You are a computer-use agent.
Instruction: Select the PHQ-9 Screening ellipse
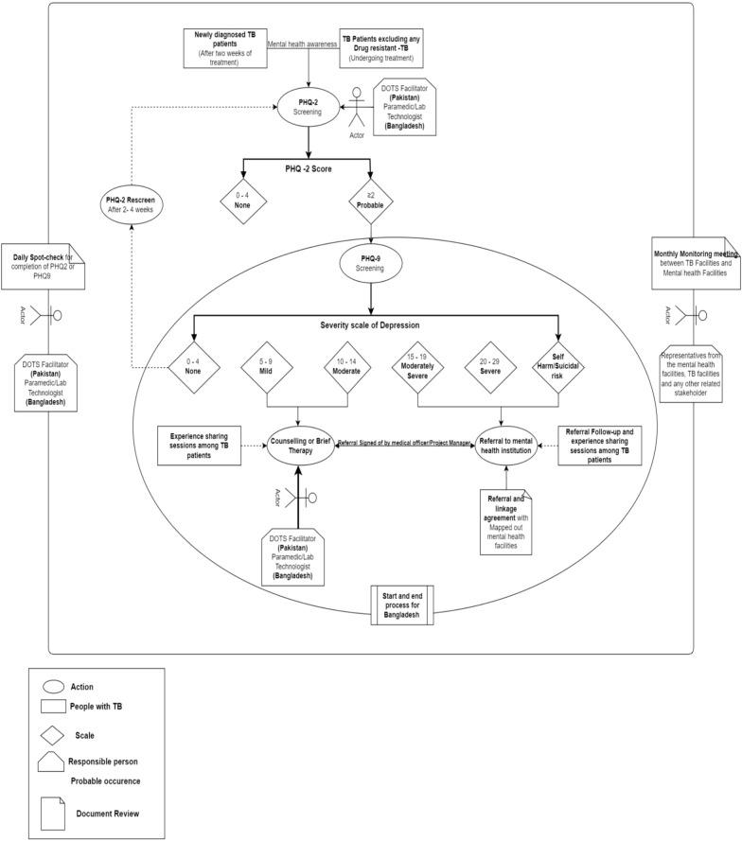(x=370, y=262)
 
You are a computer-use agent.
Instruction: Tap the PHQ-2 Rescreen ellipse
(x=132, y=205)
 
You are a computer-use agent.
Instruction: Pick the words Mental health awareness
(x=302, y=44)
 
